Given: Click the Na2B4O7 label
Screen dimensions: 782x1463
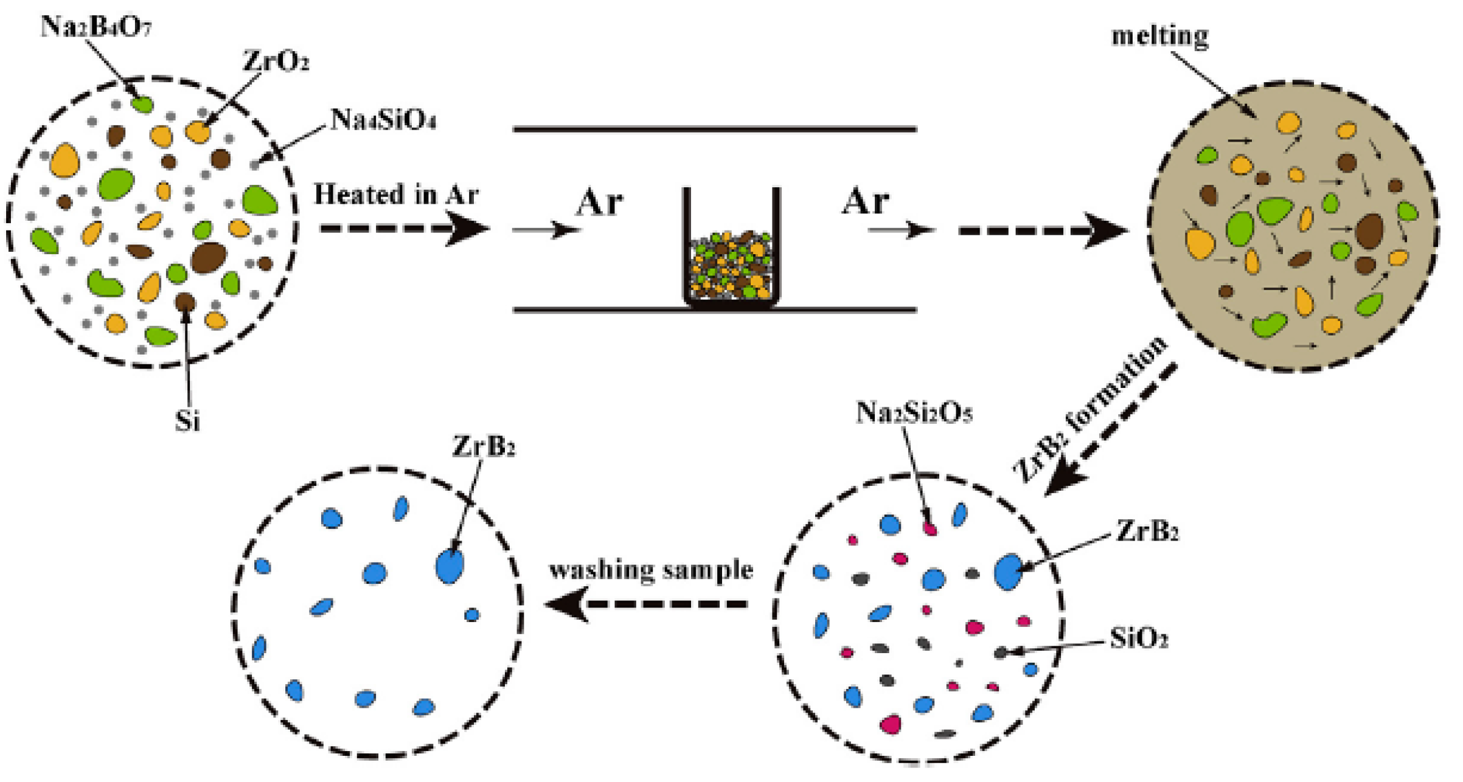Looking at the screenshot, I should [x=96, y=27].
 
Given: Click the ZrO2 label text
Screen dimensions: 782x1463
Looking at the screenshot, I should [x=275, y=61].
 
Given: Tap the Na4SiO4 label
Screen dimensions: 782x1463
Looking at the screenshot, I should [x=383, y=120].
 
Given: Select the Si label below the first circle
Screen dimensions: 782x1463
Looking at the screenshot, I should [x=187, y=421].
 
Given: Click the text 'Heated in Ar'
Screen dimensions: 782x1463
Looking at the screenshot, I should [x=395, y=195].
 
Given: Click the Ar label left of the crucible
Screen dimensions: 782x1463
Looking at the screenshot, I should [x=599, y=202].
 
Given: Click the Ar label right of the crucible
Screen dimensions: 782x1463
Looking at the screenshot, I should [x=865, y=201].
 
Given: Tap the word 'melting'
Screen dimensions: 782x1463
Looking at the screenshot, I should [x=1159, y=36].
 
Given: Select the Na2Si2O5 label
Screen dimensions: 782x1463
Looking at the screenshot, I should [x=914, y=413].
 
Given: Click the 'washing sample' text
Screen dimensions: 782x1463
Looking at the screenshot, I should [x=651, y=570].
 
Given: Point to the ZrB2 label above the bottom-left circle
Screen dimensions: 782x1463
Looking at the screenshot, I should [x=484, y=447].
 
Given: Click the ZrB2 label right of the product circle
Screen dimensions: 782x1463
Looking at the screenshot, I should [x=1147, y=532].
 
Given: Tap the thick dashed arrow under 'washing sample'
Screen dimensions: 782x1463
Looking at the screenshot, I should [x=648, y=604].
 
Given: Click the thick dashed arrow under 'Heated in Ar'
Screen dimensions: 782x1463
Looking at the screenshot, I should [x=405, y=229].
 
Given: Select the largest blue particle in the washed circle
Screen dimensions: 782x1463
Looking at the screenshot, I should [x=450, y=566].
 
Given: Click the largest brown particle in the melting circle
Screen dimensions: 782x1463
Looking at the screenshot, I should [x=1370, y=231].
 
